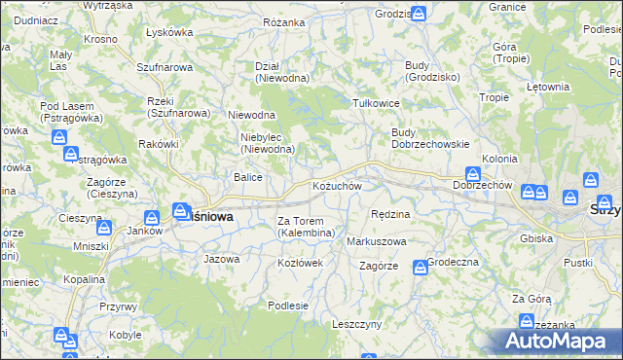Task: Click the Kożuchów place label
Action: pos(337,185)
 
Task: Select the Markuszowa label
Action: pos(376,240)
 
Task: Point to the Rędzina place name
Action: pos(390,213)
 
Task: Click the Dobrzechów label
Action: pos(483,185)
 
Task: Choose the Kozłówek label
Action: pos(300,264)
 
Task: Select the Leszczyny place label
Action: pos(356,324)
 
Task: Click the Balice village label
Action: pos(246,177)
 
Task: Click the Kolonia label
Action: pos(499,158)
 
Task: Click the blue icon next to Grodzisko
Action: pos(418,15)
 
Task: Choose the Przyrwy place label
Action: pos(117,306)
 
